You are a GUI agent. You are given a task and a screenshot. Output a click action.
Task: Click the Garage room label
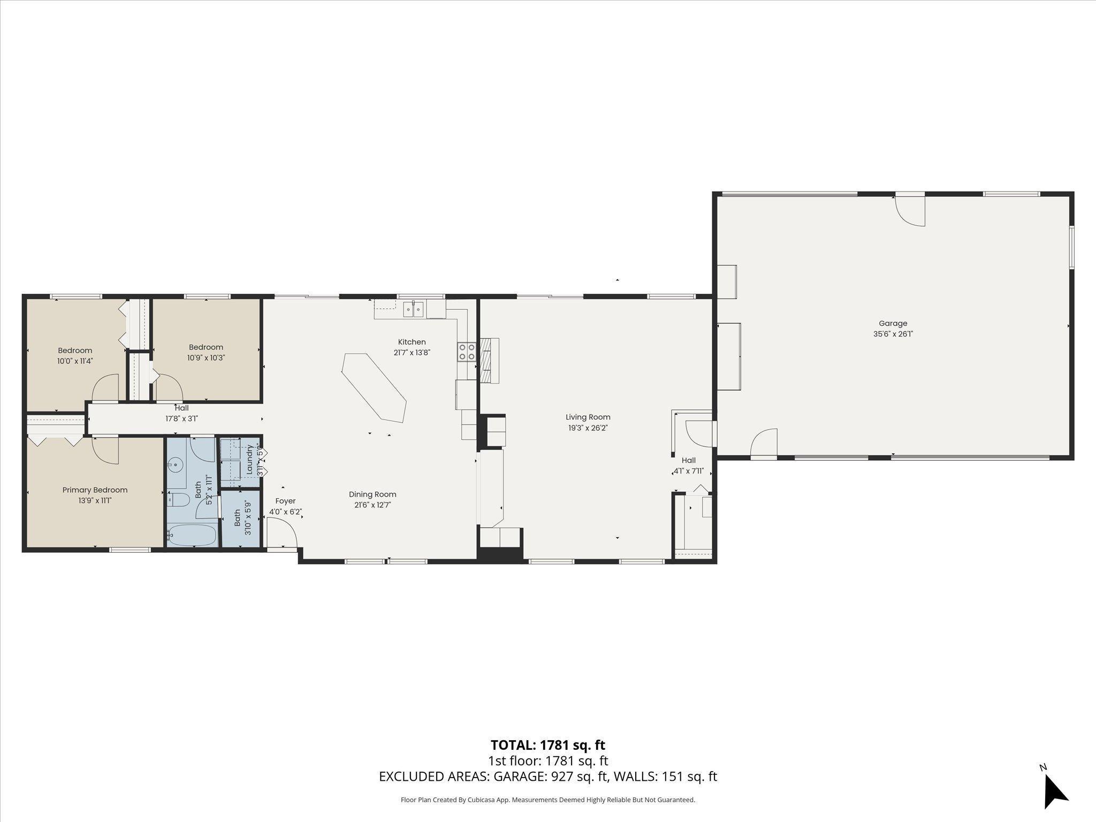click(x=893, y=323)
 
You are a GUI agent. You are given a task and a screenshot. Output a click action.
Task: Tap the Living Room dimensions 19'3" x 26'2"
click(x=588, y=428)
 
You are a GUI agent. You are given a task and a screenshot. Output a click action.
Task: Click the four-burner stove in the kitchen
click(x=466, y=352)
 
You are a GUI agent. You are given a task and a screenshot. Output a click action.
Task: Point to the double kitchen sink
click(x=413, y=309)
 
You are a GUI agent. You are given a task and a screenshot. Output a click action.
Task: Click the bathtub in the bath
click(x=192, y=535)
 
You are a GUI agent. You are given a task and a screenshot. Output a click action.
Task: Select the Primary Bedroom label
click(x=95, y=490)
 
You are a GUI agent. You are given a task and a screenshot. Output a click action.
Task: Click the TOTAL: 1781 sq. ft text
click(x=547, y=745)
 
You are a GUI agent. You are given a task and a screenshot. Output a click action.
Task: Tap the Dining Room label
click(x=372, y=494)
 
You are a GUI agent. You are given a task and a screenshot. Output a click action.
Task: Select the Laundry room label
click(x=249, y=459)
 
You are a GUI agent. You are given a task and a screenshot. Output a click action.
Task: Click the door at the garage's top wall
click(x=911, y=210)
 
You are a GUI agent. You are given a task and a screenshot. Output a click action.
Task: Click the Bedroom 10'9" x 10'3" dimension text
click(x=206, y=358)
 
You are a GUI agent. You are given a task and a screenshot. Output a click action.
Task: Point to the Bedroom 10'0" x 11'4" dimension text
click(x=75, y=361)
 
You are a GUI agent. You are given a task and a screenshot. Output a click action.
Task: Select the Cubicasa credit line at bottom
click(x=547, y=800)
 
